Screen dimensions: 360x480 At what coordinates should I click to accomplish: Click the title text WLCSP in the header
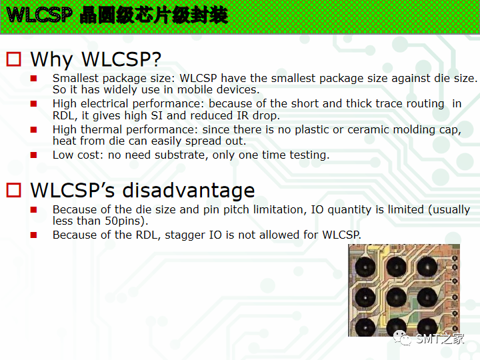(38, 15)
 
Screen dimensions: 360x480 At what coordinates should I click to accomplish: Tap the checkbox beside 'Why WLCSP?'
(14, 59)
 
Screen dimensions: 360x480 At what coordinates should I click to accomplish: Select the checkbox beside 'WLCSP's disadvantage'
(14, 191)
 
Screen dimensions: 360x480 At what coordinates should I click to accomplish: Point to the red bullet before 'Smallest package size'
(34, 79)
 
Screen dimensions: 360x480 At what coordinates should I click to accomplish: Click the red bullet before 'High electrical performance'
(34, 104)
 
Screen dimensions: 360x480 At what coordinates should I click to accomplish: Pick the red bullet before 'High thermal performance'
(34, 130)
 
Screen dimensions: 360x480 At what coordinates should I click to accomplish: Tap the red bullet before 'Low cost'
(34, 155)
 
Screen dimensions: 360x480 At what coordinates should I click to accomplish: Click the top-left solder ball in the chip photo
(367, 267)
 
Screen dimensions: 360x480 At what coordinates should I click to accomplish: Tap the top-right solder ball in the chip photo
(427, 267)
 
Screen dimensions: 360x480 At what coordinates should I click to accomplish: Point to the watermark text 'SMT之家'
(440, 339)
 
